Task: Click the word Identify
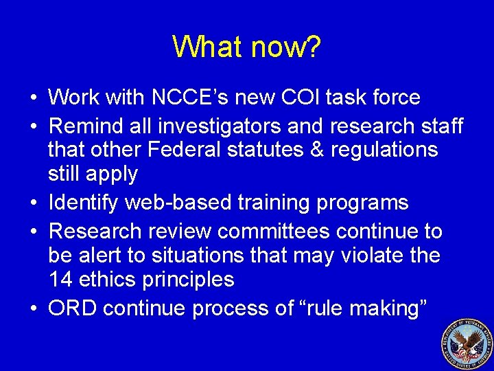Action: [x=86, y=203]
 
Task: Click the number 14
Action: [x=60, y=280]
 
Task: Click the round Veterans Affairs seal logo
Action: [x=466, y=344]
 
